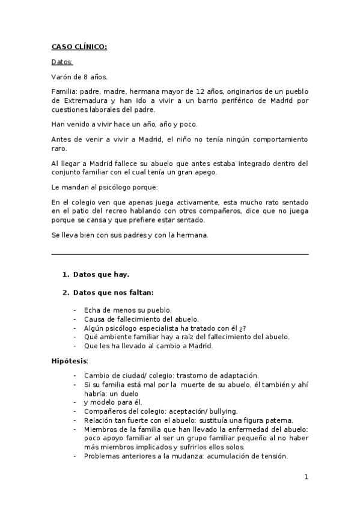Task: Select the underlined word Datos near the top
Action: (62, 62)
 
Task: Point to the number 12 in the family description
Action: (201, 91)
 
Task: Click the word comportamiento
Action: (279, 139)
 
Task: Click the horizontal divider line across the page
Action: (180, 254)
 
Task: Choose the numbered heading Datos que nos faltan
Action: (113, 293)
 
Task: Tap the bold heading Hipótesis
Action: (69, 361)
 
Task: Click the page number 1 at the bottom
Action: (306, 478)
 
